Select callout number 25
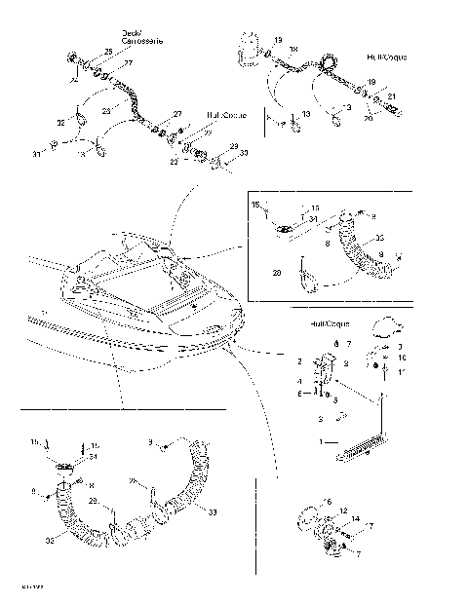click(108, 51)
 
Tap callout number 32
click(60, 123)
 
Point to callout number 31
click(37, 154)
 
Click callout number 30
click(243, 154)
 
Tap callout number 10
click(401, 359)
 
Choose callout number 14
click(357, 521)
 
